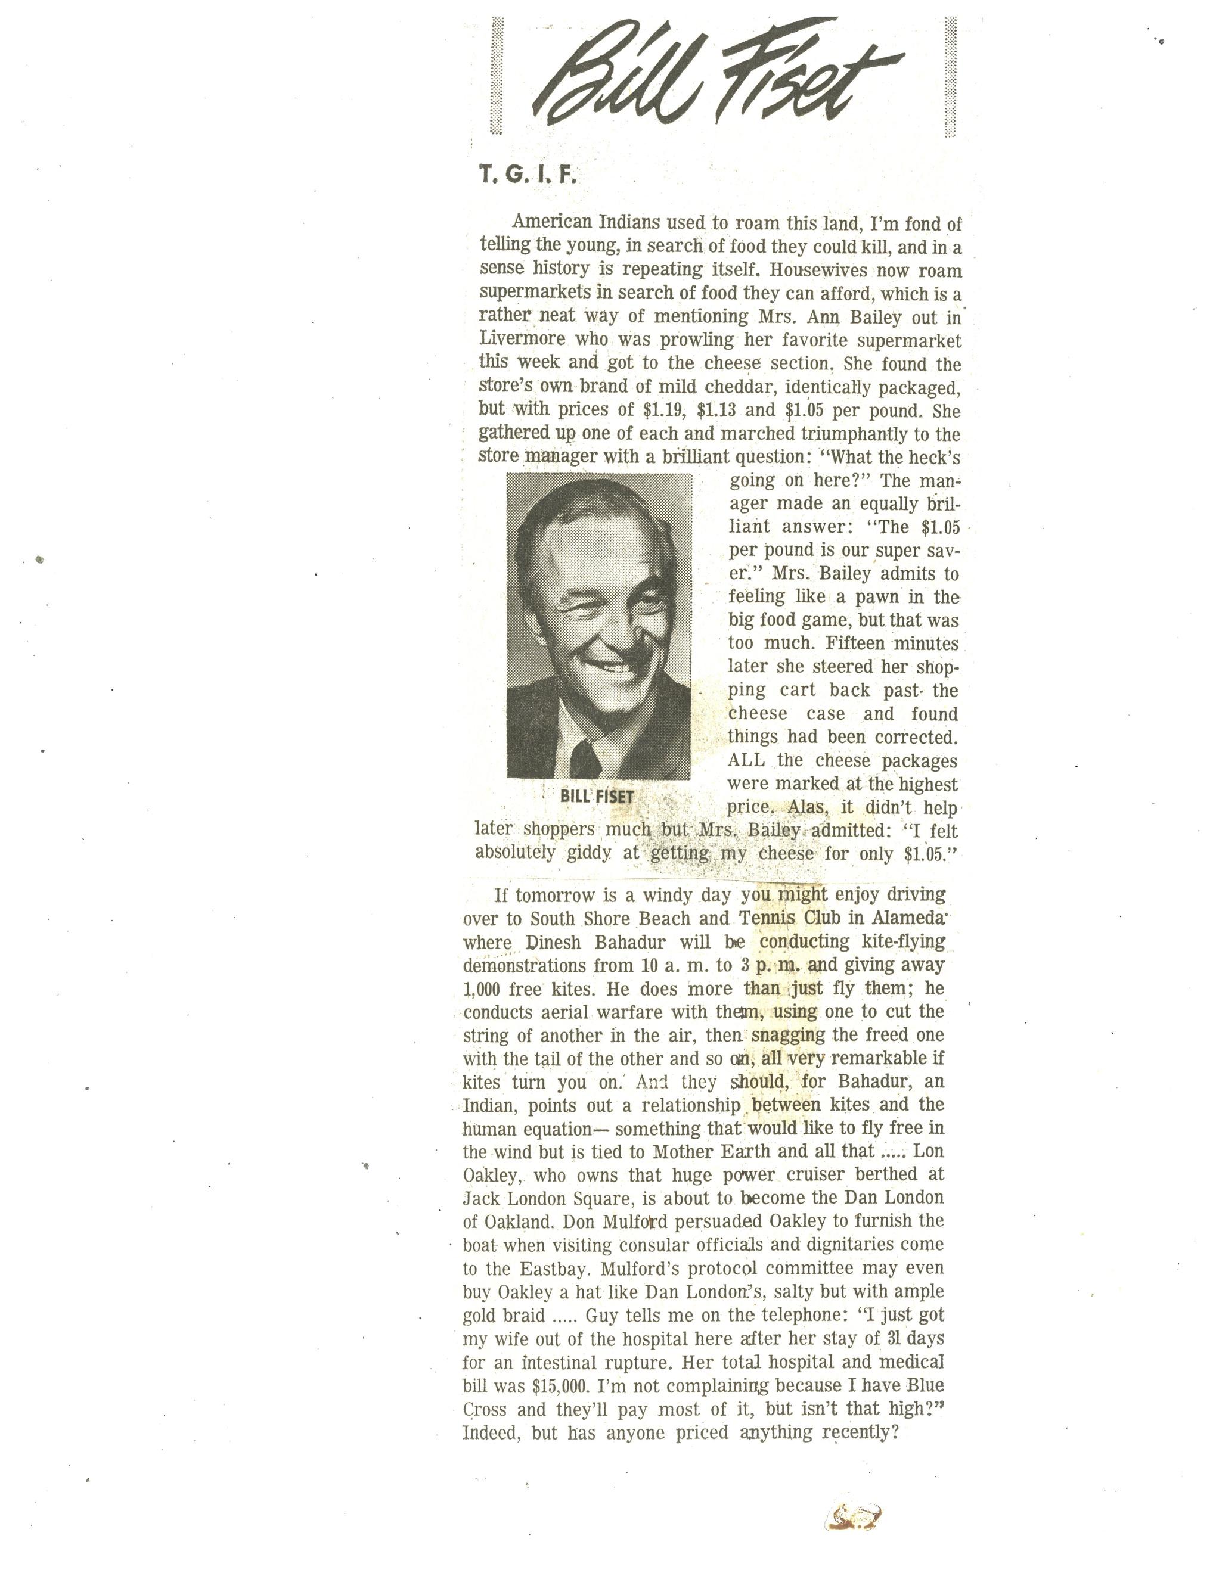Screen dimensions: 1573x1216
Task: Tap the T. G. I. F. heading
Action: (528, 175)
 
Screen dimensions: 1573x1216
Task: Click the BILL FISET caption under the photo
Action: (597, 797)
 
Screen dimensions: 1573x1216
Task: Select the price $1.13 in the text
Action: (718, 411)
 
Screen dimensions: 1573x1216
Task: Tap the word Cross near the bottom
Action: (484, 1410)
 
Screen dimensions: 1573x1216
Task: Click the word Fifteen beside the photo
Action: (856, 642)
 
